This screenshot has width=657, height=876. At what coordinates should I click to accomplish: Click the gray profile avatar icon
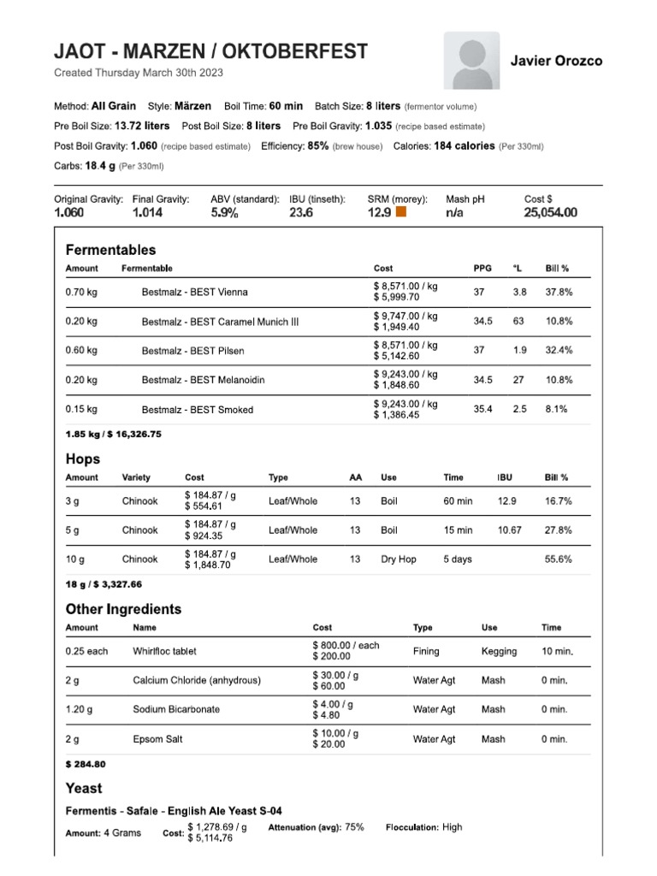[x=471, y=61]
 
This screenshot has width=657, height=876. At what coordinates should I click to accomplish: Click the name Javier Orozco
[x=556, y=61]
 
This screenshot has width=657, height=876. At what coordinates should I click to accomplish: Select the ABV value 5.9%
[x=224, y=212]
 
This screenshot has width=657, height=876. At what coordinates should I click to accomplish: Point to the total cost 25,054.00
[x=550, y=212]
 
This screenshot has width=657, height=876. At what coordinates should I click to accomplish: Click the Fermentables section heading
[x=111, y=250]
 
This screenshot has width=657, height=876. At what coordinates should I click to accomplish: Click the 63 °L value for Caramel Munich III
[x=518, y=322]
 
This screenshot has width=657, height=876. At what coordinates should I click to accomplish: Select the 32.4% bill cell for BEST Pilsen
[x=559, y=351]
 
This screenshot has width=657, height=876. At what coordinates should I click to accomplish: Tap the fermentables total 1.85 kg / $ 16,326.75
[x=114, y=434]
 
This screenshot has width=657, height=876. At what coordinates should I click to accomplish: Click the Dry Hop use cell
[x=399, y=559]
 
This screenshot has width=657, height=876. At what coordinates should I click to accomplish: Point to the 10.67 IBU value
[x=510, y=530]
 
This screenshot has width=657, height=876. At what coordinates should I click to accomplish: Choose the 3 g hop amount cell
[x=73, y=501]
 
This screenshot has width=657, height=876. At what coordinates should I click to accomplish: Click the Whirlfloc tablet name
[x=164, y=651]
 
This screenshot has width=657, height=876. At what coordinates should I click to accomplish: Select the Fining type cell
[x=426, y=651]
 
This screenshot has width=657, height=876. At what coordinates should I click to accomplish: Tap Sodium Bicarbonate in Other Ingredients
[x=176, y=709]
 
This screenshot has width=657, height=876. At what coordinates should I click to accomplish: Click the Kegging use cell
[x=499, y=651]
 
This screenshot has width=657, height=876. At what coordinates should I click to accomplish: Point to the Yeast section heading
[x=84, y=788]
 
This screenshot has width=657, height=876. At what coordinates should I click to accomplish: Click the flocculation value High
[x=453, y=827]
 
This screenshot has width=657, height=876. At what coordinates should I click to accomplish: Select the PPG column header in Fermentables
[x=482, y=269]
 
